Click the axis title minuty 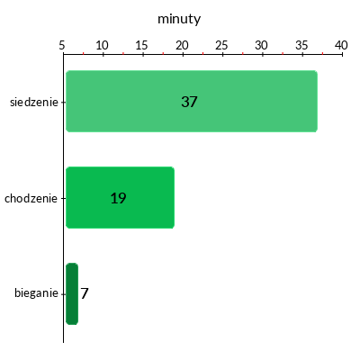[179, 19]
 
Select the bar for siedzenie [192, 101]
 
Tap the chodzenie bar [120, 197]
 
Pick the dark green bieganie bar [72, 293]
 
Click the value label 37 [189, 102]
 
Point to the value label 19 [118, 198]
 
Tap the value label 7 [85, 293]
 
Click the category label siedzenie [34, 102]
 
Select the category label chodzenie [31, 198]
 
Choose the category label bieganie [36, 292]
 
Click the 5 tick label [62, 45]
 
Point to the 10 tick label [102, 45]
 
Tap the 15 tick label [141, 45]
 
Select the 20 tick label [182, 45]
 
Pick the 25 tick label [221, 45]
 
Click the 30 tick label [262, 45]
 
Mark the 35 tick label [301, 45]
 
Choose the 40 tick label [341, 45]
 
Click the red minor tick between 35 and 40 [322, 53]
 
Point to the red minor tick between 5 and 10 [84, 53]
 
